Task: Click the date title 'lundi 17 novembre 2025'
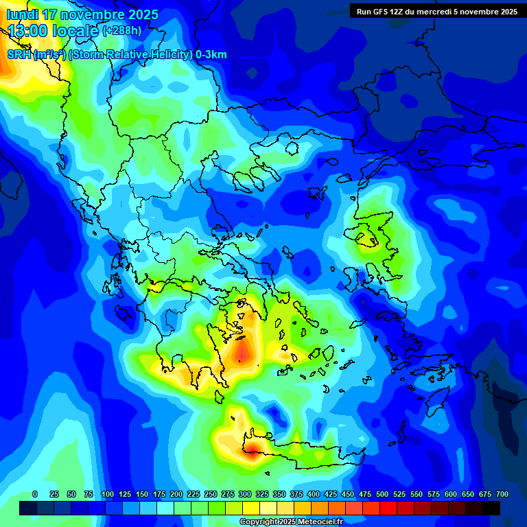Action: tap(82, 14)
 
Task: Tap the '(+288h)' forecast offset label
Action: tap(122, 31)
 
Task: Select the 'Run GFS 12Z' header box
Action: tap(437, 11)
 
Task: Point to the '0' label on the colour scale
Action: tap(35, 494)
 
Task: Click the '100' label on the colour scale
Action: tap(108, 494)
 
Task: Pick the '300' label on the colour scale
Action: tap(245, 494)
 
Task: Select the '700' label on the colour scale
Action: tap(502, 494)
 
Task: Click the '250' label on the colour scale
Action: tap(211, 494)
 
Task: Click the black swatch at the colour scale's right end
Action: tap(491, 508)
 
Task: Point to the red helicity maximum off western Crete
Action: tap(252, 449)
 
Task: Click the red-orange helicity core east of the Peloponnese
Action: tap(243, 352)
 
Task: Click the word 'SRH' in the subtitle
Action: tap(19, 55)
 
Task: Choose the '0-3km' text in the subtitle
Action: tap(211, 55)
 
